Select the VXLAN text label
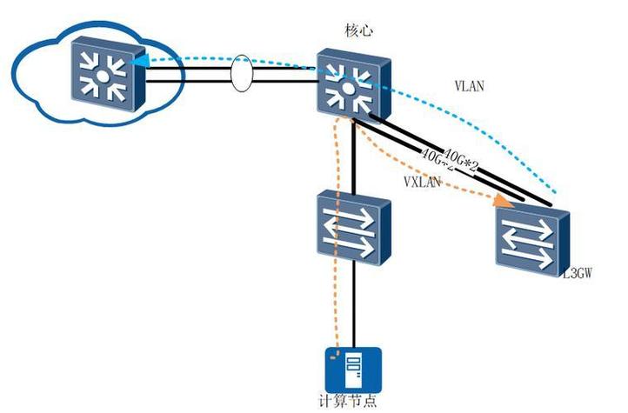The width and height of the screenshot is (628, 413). pos(423,182)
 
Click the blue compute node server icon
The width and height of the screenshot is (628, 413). pos(353,370)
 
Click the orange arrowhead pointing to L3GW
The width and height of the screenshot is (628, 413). pos(501,201)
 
